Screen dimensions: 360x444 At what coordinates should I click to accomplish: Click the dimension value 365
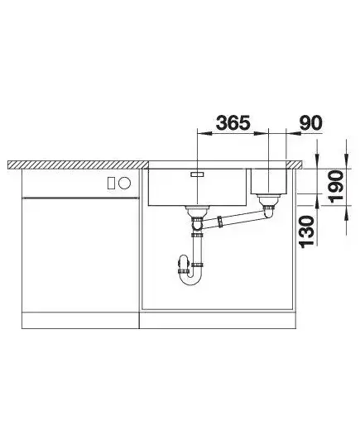click(x=233, y=122)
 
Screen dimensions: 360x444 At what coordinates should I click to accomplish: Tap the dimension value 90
click(x=311, y=122)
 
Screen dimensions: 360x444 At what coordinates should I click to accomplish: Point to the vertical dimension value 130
click(x=307, y=232)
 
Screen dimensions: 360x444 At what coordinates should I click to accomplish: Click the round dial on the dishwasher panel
click(x=125, y=183)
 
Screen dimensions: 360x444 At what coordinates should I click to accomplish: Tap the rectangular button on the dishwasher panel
click(x=111, y=183)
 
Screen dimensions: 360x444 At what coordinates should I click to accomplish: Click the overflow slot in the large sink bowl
click(x=197, y=174)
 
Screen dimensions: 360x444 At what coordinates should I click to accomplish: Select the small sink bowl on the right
click(x=269, y=181)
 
